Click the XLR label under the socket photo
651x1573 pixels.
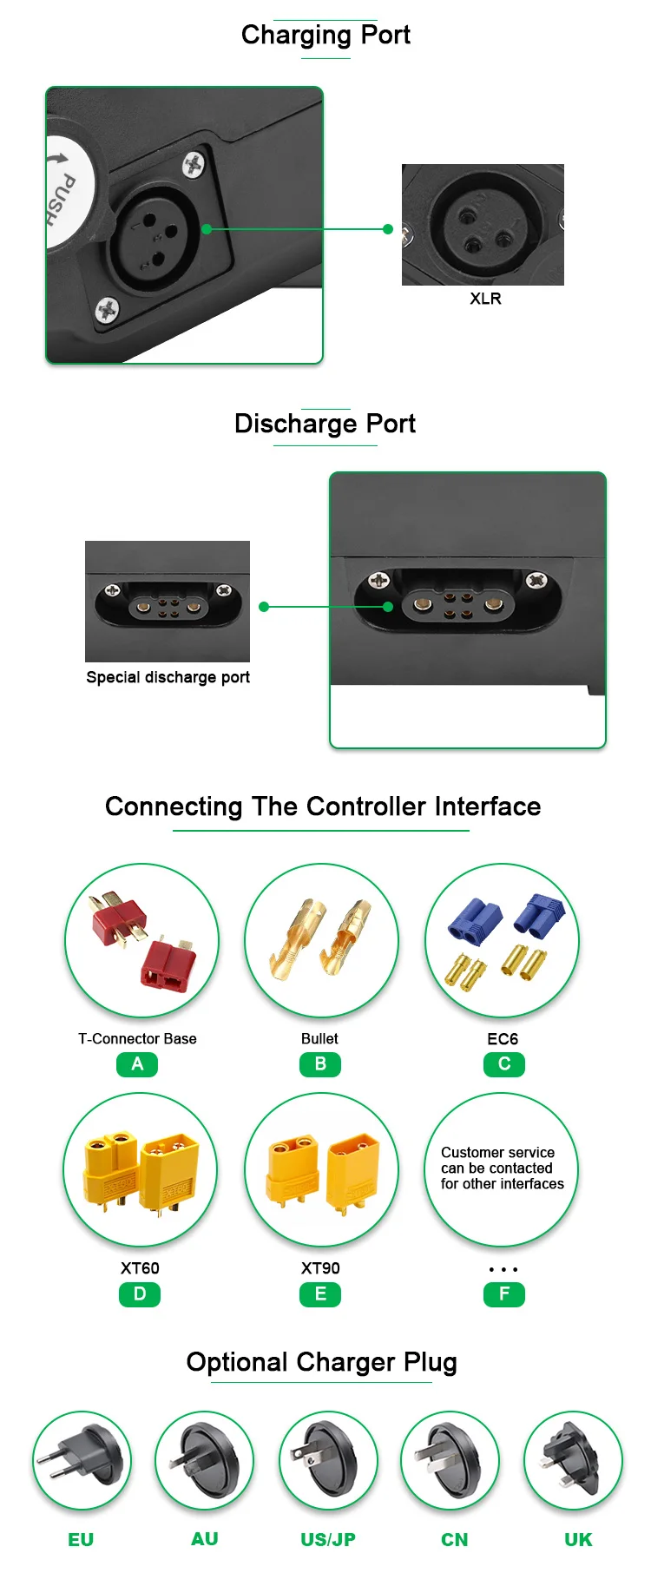[x=485, y=299]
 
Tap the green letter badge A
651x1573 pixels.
[x=137, y=1064]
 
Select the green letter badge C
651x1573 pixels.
[x=504, y=1064]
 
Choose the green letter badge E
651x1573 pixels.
[x=320, y=1294]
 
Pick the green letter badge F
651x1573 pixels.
[x=504, y=1294]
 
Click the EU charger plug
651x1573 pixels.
[x=82, y=1460]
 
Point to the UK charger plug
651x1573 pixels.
[x=573, y=1460]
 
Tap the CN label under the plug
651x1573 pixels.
[x=454, y=1540]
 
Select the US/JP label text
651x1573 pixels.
[x=328, y=1540]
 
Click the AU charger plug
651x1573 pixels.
[x=204, y=1460]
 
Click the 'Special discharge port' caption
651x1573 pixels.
[x=168, y=677]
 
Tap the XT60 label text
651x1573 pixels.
[x=140, y=1268]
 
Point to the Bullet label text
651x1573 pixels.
[x=319, y=1039]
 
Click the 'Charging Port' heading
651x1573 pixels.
[x=325, y=36]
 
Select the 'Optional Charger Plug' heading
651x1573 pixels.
[x=321, y=1362]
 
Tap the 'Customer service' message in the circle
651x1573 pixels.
[x=502, y=1168]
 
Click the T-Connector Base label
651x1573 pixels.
[x=137, y=1039]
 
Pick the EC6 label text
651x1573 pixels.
[x=503, y=1039]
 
